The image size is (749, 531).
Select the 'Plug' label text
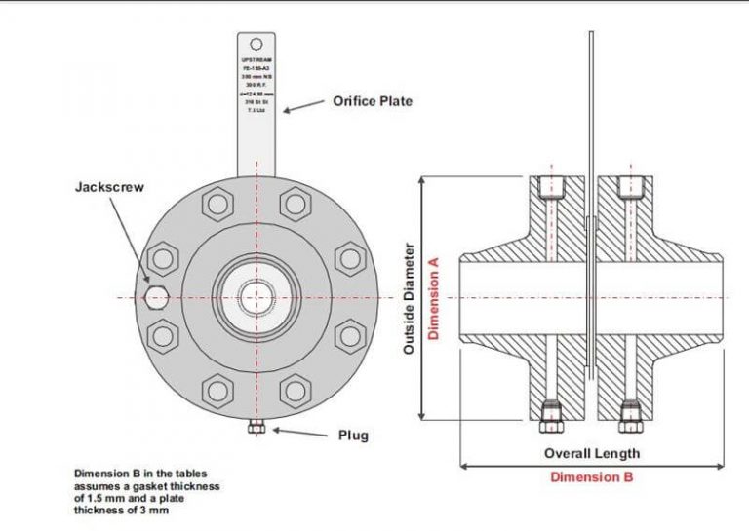(352, 436)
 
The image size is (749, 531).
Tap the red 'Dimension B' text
(591, 477)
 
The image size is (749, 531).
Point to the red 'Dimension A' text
(436, 296)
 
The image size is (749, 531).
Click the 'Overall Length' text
(591, 453)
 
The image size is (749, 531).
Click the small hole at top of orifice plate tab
(256, 44)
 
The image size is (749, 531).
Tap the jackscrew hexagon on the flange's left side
(155, 297)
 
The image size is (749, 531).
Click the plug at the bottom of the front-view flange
(256, 428)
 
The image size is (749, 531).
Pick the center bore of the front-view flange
(256, 297)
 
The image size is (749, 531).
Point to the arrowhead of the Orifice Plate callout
(285, 111)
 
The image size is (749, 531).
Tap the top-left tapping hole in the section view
(552, 188)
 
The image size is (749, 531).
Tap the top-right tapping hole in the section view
(630, 188)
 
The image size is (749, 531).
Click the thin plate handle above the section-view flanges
(591, 97)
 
